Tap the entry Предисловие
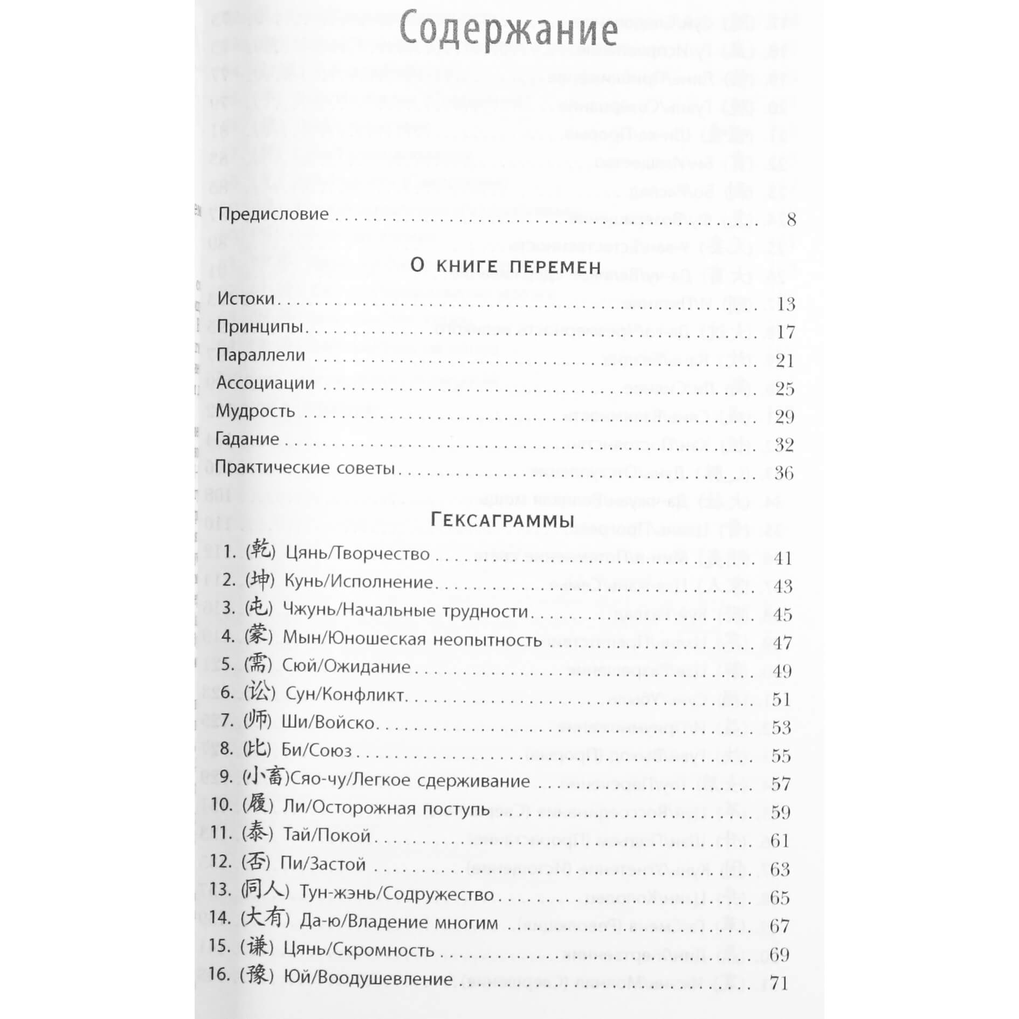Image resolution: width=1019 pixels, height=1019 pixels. coord(273,214)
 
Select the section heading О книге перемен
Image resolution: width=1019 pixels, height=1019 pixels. coord(505,266)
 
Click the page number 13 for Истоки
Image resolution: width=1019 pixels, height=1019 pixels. coord(786,305)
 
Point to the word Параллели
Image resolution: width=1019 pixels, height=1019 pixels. coord(261,355)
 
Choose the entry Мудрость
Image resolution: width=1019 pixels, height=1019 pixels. coord(256,411)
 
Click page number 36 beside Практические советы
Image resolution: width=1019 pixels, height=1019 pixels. coord(783,473)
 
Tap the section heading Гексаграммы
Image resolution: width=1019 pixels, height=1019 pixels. coord(502,521)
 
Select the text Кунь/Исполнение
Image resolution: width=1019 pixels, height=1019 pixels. coord(359,582)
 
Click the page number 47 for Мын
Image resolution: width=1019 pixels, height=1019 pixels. coord(782,643)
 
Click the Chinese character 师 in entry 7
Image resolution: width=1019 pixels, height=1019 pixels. coord(256,720)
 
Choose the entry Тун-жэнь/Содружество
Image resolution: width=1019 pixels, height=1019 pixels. coord(396,894)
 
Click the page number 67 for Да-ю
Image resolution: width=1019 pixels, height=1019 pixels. coord(780,926)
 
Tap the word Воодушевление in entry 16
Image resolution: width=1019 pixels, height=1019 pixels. coord(385,979)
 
